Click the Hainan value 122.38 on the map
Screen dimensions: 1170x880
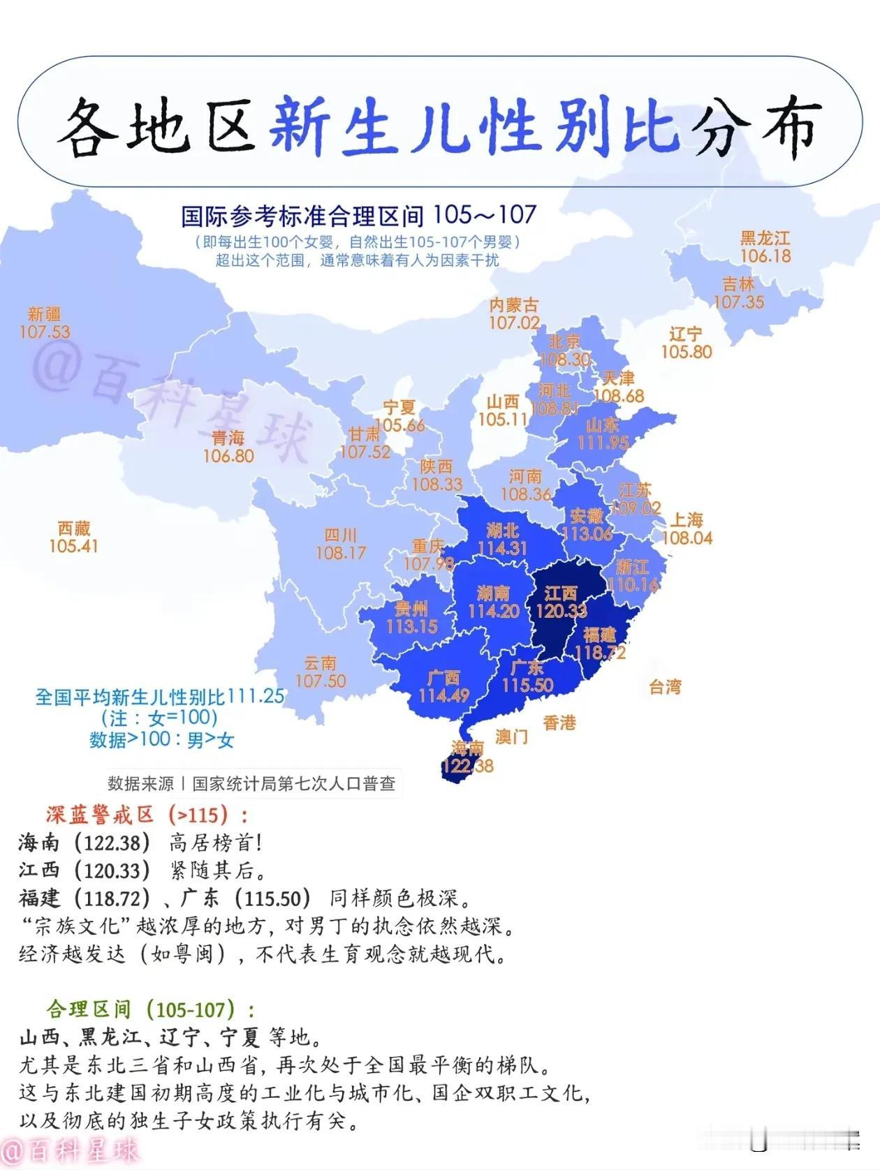467,766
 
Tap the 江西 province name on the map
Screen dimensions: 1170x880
561,593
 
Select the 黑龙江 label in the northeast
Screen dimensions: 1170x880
765,238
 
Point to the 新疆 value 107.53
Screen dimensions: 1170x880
45,332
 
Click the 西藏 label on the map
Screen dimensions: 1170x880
74,528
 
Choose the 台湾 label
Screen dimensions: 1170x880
664,687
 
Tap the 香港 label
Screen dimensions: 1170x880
559,723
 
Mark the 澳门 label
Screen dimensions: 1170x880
511,736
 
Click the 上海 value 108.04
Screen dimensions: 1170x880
687,538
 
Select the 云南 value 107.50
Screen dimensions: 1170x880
321,681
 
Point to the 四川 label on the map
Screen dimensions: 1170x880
341,535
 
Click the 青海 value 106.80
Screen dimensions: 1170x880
228,456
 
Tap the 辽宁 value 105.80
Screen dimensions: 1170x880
686,352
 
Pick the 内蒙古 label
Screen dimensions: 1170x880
514,305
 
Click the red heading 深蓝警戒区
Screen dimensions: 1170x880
100,815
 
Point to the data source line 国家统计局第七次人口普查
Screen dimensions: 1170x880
293,783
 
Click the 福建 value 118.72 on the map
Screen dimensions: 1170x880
600,653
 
